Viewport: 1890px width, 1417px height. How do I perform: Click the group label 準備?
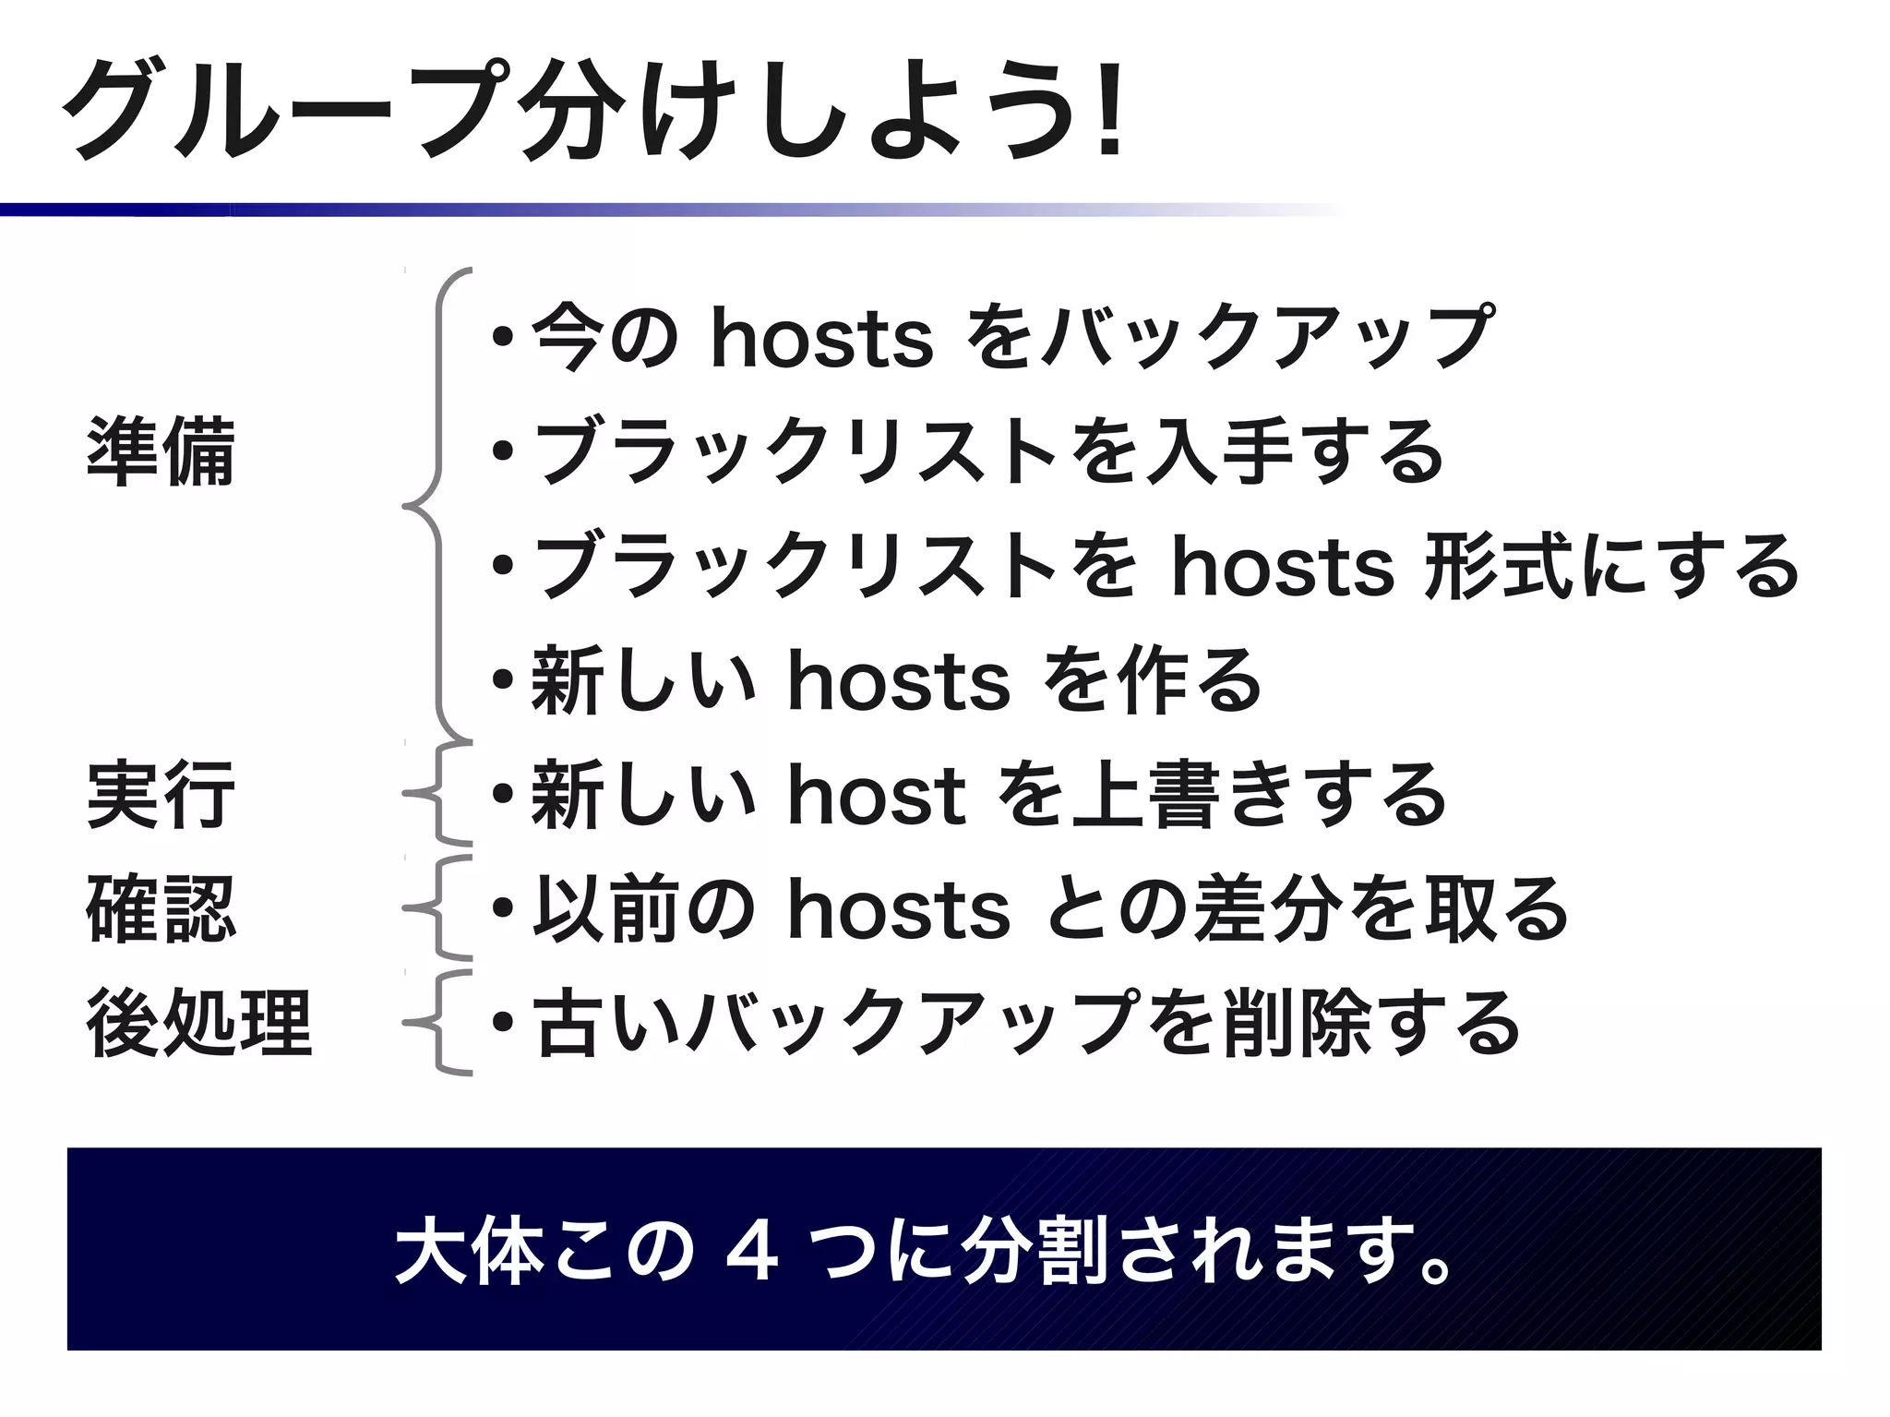(x=161, y=451)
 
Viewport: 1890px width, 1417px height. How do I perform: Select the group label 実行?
(x=161, y=795)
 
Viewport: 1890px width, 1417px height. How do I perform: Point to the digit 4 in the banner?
(x=753, y=1253)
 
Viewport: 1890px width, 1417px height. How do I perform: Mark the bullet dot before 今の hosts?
(x=503, y=338)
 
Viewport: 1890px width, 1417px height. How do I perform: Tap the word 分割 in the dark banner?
(x=1034, y=1253)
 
